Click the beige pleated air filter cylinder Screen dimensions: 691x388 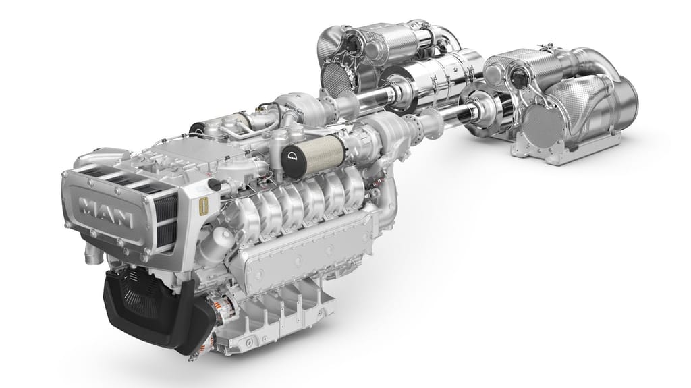(x=322, y=153)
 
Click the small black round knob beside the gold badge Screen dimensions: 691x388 (x=215, y=185)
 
